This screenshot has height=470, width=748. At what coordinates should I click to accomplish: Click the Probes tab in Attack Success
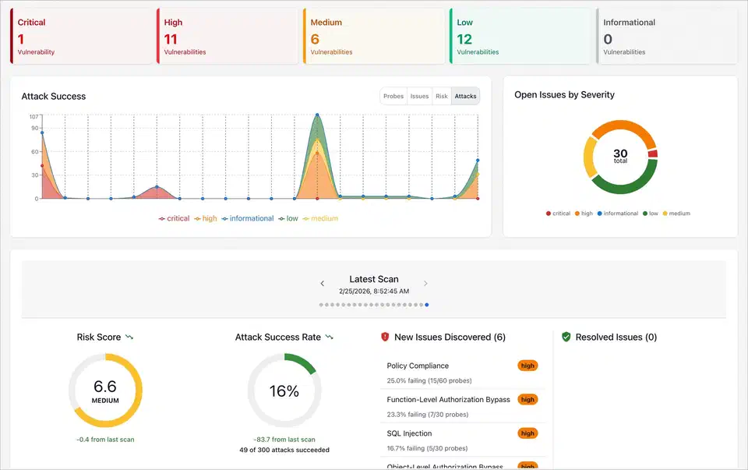point(393,96)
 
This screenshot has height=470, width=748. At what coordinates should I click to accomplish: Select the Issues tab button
point(419,96)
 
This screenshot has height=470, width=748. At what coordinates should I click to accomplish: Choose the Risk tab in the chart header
point(442,96)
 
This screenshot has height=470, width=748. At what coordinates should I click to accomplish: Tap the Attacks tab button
point(465,96)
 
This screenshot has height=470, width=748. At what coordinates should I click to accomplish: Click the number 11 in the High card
point(171,39)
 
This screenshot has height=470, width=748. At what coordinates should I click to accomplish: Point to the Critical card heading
point(31,23)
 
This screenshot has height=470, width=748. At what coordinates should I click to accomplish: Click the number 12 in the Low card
point(464,39)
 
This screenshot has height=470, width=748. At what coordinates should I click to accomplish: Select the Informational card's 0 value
point(608,39)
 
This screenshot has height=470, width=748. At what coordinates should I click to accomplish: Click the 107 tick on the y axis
point(34,116)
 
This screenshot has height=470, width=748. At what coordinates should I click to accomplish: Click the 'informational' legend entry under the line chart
point(247,219)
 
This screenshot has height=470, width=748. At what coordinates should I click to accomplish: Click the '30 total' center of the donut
point(620,156)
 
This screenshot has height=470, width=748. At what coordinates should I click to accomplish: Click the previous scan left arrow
point(323,284)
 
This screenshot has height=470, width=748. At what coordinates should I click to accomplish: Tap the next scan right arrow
point(425,284)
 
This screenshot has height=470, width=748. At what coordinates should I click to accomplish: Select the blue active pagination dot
point(426,305)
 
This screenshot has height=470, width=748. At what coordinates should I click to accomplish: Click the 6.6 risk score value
point(104,387)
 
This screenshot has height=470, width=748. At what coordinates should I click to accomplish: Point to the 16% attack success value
point(284,391)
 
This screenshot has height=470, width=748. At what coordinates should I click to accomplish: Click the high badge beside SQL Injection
point(527,433)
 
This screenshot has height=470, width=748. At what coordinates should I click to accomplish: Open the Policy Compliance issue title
point(418,366)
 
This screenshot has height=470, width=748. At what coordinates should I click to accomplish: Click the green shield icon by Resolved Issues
point(566,337)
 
